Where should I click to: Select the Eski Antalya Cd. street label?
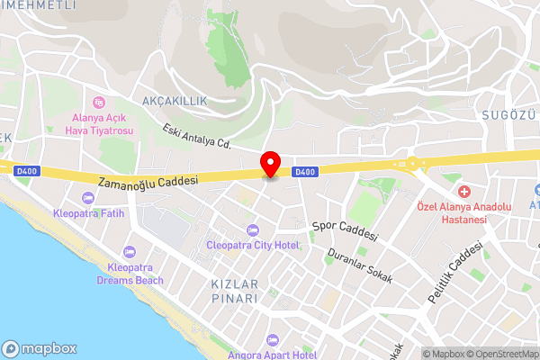198,136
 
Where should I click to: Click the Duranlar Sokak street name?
360,265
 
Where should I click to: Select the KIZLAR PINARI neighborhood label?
234,292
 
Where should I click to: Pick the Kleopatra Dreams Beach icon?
130,251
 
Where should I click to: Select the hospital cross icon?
463,191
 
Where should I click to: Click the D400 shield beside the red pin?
306,171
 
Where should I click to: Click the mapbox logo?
40,348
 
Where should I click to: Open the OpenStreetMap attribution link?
500,354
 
